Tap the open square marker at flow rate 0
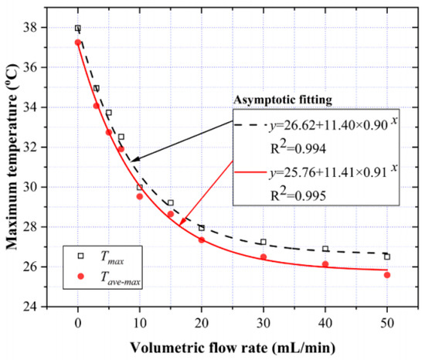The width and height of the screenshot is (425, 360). pos(78,29)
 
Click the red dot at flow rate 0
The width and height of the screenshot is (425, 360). pos(78,42)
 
